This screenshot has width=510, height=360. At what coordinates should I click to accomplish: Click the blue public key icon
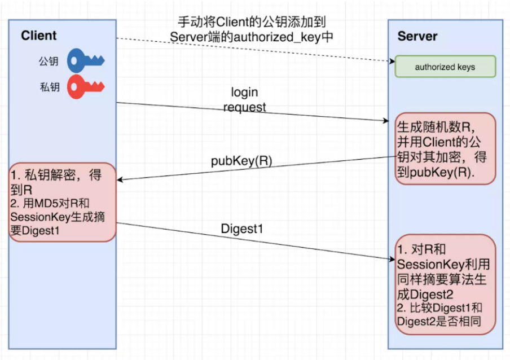pyautogui.click(x=86, y=61)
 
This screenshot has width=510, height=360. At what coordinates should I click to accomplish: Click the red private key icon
pyautogui.click(x=86, y=87)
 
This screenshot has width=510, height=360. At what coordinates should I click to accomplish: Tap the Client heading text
pyautogui.click(x=39, y=36)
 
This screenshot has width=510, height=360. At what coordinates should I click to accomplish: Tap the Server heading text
pyautogui.click(x=417, y=36)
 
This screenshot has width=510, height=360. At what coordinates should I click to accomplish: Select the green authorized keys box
pyautogui.click(x=445, y=67)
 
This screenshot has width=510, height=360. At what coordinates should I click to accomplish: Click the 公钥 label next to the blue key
pyautogui.click(x=49, y=62)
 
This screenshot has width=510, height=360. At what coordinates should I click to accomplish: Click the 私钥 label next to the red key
pyautogui.click(x=49, y=87)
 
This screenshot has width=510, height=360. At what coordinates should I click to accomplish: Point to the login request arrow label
pyautogui.click(x=244, y=99)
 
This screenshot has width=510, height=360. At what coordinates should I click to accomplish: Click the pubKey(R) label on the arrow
pyautogui.click(x=241, y=161)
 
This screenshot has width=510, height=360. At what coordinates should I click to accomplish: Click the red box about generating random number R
pyautogui.click(x=445, y=148)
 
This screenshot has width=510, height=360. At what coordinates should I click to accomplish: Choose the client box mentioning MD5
pyautogui.click(x=61, y=203)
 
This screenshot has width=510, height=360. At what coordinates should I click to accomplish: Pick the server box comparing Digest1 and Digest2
pyautogui.click(x=445, y=284)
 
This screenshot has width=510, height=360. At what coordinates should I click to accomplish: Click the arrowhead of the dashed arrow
pyautogui.click(x=391, y=61)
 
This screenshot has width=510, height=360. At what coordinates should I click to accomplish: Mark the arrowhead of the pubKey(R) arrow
pyautogui.click(x=121, y=180)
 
